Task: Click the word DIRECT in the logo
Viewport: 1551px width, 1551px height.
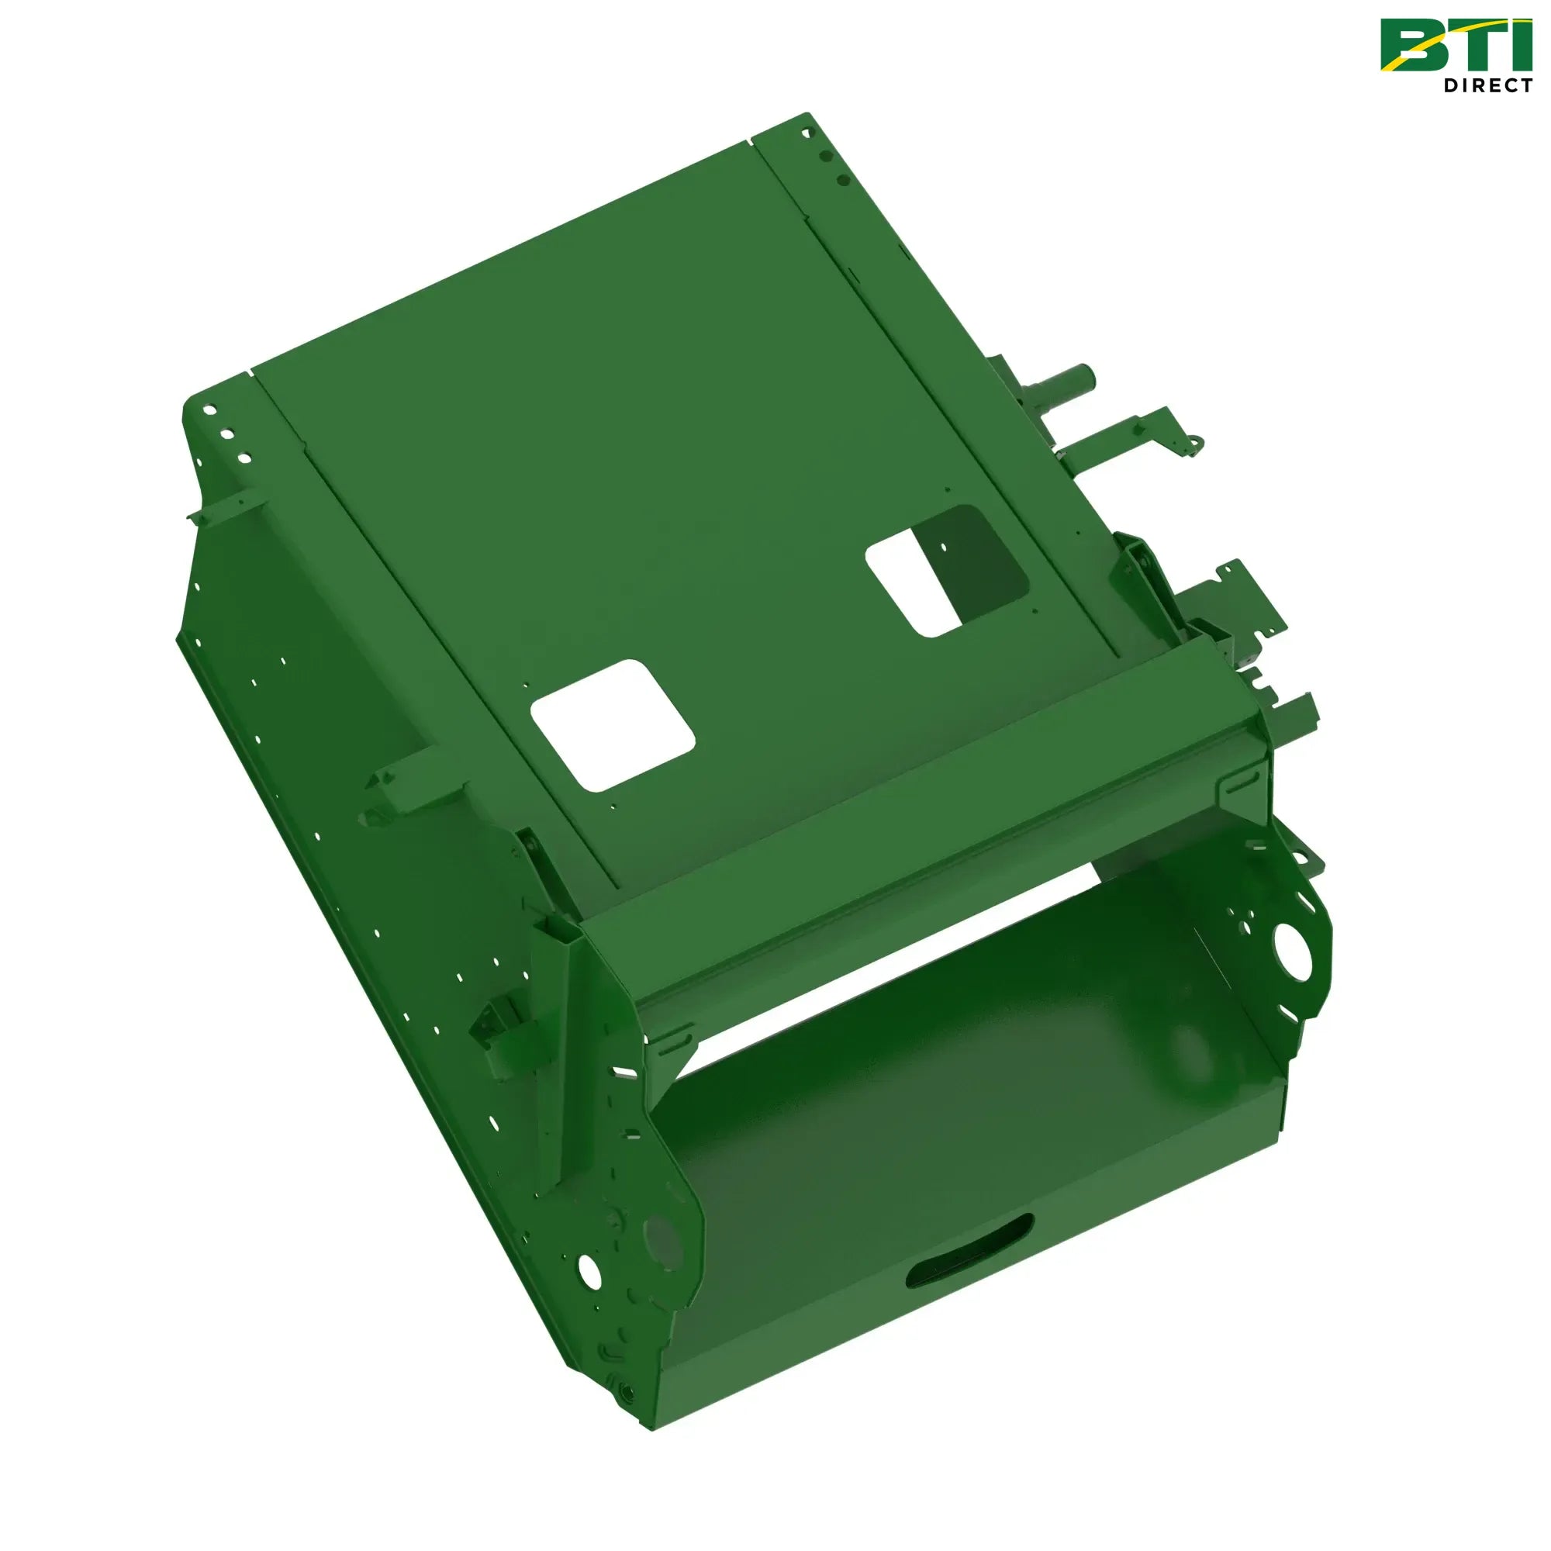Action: (1487, 85)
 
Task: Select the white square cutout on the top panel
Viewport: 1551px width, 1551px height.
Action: (613, 725)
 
